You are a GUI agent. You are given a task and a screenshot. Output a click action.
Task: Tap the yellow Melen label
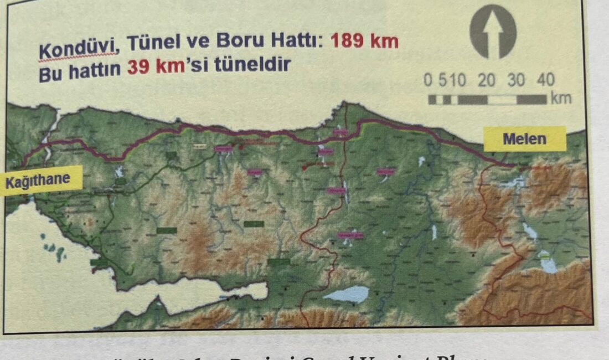[x=524, y=139]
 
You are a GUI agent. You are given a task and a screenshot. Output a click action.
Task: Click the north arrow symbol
[x=493, y=32]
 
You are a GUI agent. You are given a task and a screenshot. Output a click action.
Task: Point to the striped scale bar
[x=487, y=100]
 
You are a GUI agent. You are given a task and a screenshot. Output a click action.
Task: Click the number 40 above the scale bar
[x=545, y=80]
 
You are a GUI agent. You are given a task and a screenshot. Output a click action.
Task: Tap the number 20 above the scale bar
[x=487, y=80]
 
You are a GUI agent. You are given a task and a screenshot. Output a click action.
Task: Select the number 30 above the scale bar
[x=516, y=80]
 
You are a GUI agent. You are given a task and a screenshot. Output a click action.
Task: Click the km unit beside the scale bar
[x=560, y=99]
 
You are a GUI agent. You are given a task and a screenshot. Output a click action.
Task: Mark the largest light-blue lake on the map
[x=346, y=294]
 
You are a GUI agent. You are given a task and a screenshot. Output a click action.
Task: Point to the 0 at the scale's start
[x=428, y=80]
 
